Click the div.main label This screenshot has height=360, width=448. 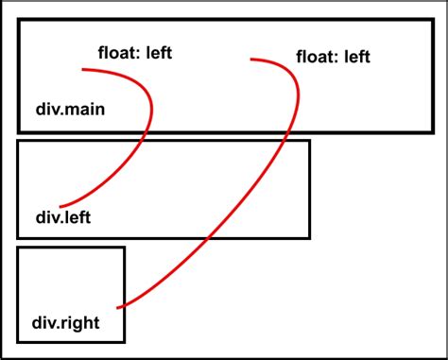click(71, 110)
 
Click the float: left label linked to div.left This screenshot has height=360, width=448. click(136, 52)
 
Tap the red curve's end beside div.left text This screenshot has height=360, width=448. click(60, 206)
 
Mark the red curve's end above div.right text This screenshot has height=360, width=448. click(117, 307)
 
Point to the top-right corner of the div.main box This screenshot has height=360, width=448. click(433, 18)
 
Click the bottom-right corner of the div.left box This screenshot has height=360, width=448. click(309, 237)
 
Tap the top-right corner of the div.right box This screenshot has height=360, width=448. click(124, 249)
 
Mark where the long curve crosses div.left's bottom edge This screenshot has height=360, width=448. click(207, 237)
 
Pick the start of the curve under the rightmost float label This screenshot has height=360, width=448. click(251, 60)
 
